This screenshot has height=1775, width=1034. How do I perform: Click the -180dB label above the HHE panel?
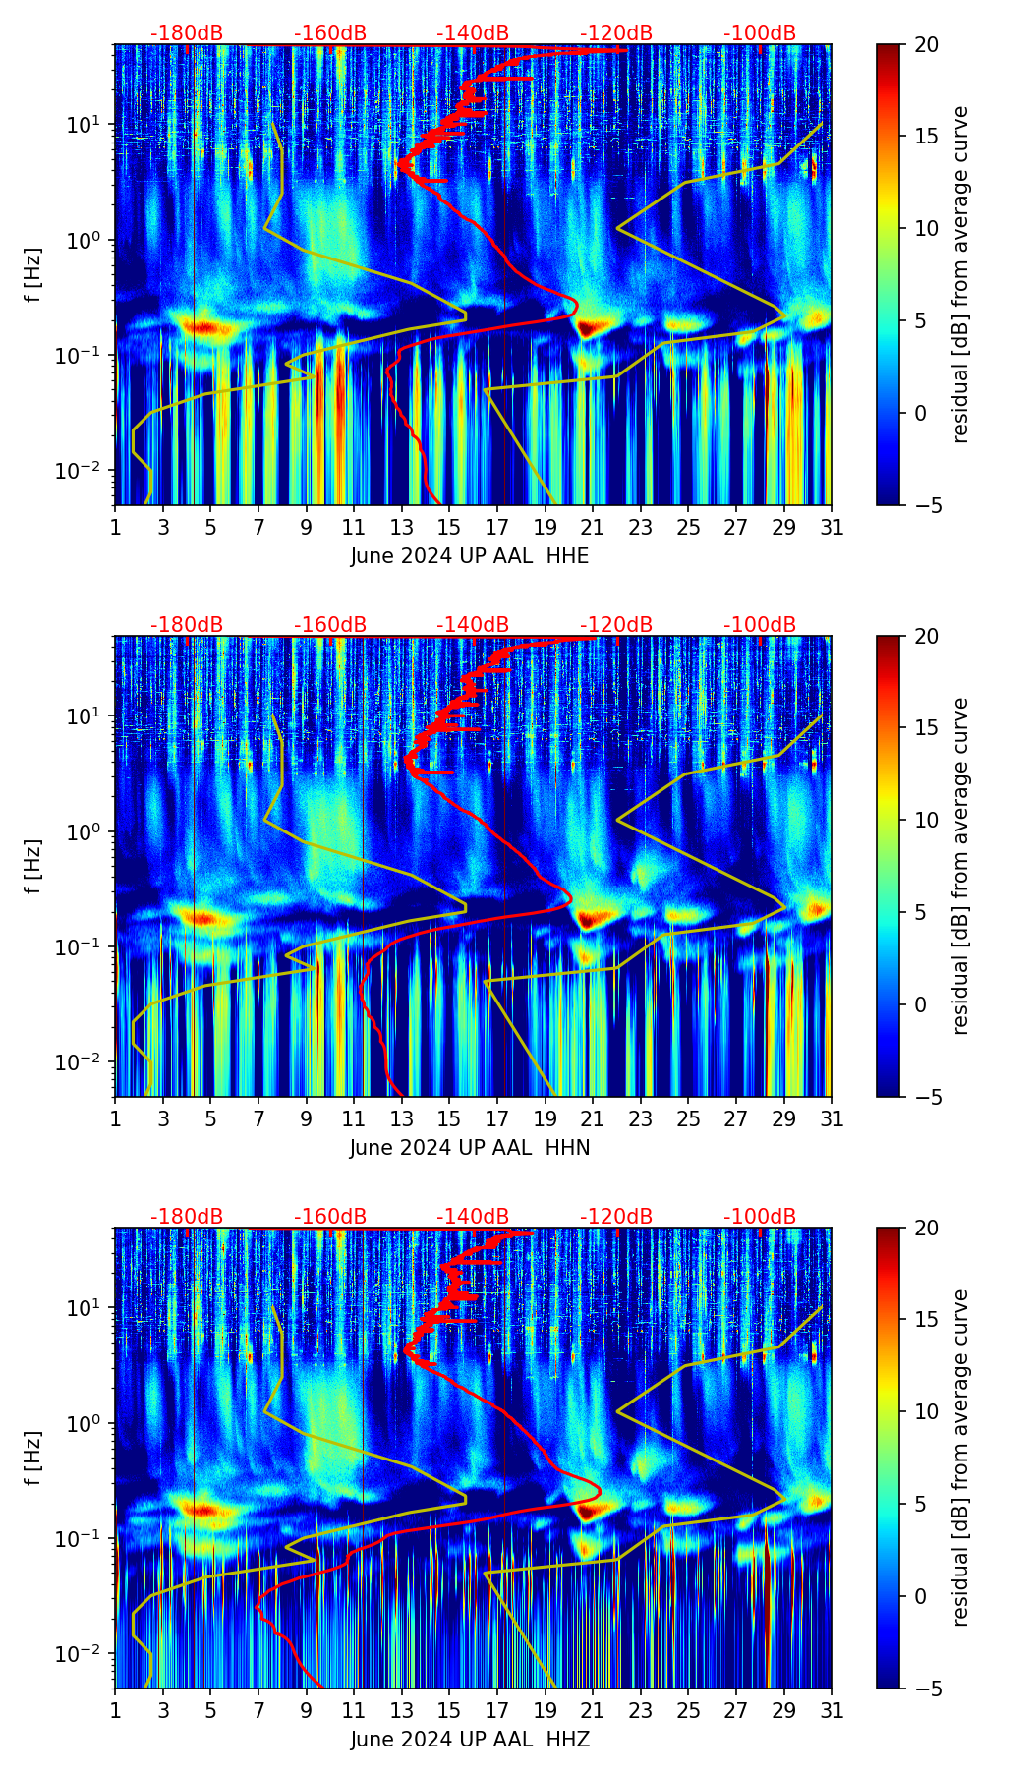(187, 33)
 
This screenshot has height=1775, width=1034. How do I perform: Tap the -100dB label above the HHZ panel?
(760, 1217)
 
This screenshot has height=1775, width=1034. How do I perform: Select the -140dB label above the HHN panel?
(473, 625)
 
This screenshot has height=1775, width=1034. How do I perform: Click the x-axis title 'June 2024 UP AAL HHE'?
(470, 556)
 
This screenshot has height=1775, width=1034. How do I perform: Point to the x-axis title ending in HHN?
(470, 1148)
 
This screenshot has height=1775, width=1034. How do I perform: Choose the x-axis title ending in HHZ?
(470, 1740)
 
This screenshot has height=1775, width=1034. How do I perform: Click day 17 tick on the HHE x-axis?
(497, 527)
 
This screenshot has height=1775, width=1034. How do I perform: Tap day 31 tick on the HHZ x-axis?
(832, 1710)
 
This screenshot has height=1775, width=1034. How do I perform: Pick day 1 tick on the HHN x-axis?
(115, 1118)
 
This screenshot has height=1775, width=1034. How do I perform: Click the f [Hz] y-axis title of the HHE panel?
(33, 274)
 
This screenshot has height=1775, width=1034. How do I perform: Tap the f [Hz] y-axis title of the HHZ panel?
(33, 1458)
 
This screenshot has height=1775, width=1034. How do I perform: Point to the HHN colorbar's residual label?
(960, 866)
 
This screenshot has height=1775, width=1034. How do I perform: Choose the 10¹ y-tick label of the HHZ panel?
(84, 1307)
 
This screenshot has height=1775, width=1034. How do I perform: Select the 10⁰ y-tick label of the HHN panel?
(84, 831)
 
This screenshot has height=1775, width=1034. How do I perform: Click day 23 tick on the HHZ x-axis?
(641, 1710)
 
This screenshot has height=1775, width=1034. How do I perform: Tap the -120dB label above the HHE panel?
(616, 33)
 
